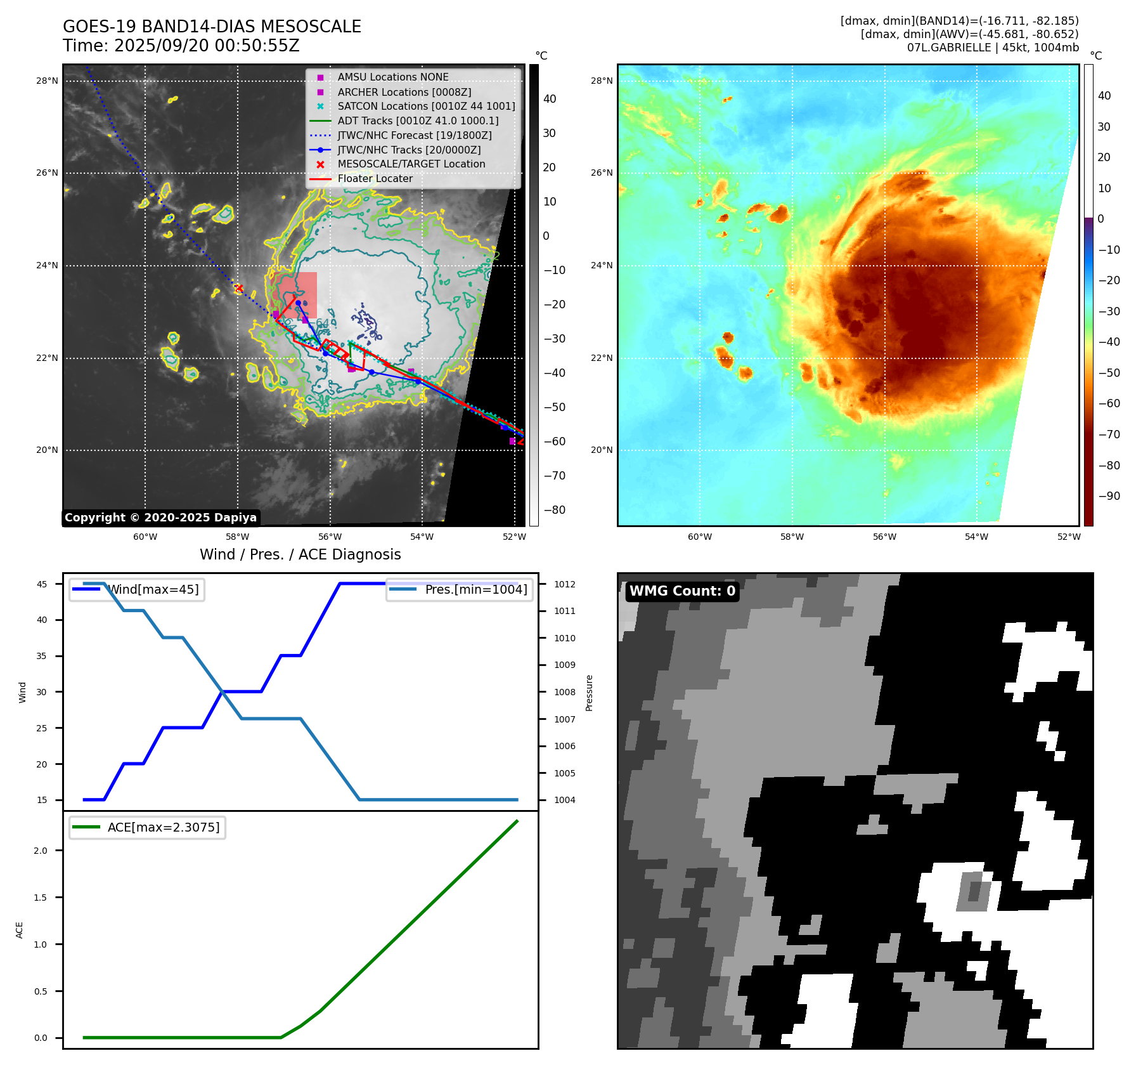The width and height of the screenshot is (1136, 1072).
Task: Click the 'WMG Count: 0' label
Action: click(x=682, y=591)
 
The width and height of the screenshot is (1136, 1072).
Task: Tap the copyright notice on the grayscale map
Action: click(x=160, y=518)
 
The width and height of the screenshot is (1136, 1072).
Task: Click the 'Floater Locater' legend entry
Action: click(x=375, y=179)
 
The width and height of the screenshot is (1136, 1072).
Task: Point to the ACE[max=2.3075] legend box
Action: click(x=147, y=827)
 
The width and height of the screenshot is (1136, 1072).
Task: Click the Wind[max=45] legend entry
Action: click(x=137, y=589)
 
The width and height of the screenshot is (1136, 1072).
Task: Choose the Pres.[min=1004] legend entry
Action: click(x=460, y=589)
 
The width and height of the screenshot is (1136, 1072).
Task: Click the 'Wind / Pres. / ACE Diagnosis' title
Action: click(x=300, y=554)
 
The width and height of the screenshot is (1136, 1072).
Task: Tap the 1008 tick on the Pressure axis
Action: click(x=564, y=692)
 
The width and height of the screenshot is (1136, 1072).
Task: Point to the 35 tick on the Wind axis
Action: click(x=42, y=656)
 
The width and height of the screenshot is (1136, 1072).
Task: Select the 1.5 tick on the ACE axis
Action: click(x=41, y=898)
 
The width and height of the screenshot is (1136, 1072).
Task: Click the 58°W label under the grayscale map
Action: click(x=237, y=537)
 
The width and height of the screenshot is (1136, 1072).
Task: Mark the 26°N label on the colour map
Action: click(x=602, y=173)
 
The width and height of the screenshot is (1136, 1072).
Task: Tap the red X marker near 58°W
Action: click(x=239, y=289)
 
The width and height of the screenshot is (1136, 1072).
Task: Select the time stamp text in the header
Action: click(x=181, y=46)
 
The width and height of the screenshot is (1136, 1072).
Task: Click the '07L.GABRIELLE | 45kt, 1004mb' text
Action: click(x=992, y=48)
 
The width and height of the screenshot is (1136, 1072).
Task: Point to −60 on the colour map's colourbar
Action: click(x=1109, y=403)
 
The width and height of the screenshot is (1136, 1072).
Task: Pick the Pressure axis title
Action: click(x=589, y=692)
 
